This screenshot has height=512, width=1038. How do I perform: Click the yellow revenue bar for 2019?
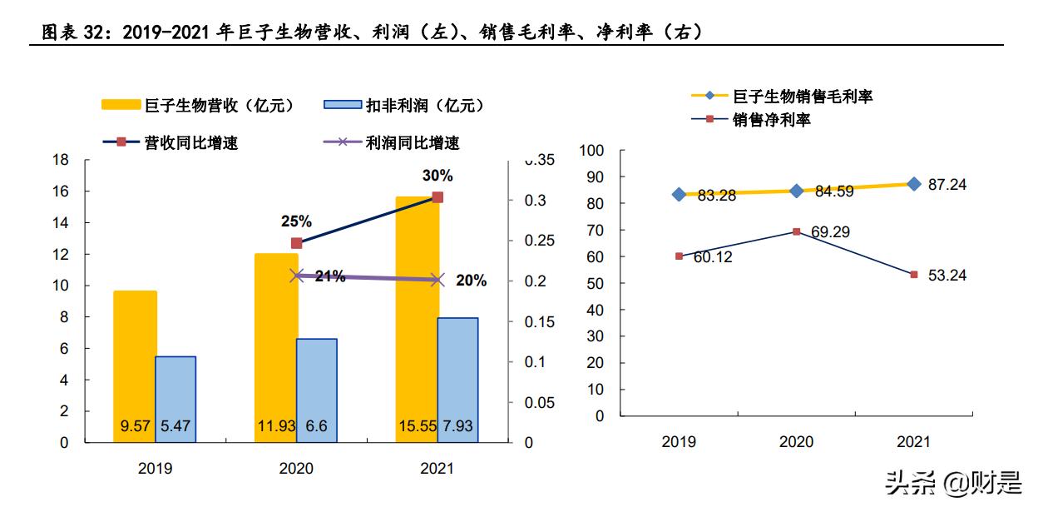click(135, 366)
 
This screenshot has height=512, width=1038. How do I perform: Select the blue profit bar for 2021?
click(457, 380)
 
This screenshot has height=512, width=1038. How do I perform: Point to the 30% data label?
click(437, 176)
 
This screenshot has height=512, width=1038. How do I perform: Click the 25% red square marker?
click(296, 243)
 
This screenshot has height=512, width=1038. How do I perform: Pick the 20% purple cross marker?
click(438, 280)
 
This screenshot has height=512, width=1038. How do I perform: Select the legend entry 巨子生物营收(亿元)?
click(198, 106)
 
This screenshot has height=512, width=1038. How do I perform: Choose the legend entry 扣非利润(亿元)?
click(403, 106)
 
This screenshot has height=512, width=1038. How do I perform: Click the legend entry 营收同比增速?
click(171, 142)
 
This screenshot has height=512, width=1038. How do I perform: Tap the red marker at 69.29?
click(796, 231)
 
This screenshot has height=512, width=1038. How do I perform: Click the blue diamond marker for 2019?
click(679, 194)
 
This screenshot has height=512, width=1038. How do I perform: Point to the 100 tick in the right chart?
click(591, 151)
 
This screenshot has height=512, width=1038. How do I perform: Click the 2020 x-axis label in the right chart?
click(796, 442)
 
